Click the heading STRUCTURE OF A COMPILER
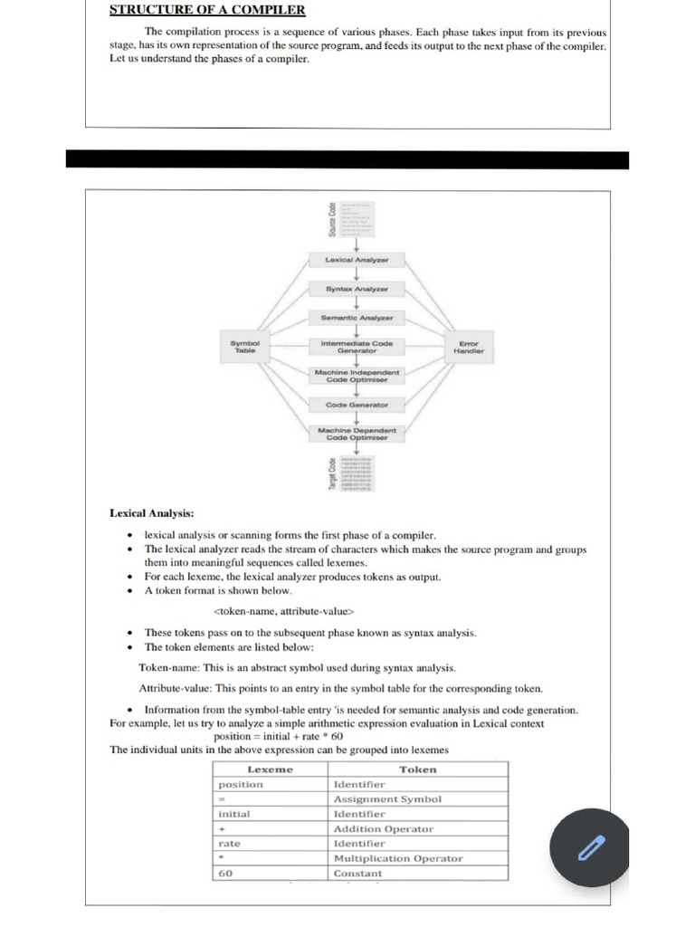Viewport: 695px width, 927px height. tap(207, 11)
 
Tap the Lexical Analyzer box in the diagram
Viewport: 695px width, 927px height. tap(356, 261)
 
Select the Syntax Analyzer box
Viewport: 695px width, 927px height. tap(356, 289)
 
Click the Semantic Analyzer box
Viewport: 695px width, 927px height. tap(357, 318)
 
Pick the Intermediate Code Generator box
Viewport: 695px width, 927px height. tap(357, 347)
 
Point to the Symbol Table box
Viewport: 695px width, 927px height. tap(245, 347)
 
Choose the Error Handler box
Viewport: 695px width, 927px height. tap(469, 347)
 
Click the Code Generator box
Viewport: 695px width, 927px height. tap(357, 405)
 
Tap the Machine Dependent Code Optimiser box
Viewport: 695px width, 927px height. tap(357, 434)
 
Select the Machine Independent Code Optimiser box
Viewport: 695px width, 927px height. tap(357, 376)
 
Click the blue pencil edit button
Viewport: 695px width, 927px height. tap(591, 847)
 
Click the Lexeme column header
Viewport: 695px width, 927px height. tap(270, 769)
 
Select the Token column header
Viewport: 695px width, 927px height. tap(417, 769)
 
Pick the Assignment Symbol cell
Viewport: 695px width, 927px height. tap(387, 799)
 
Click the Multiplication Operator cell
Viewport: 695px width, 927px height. tap(398, 858)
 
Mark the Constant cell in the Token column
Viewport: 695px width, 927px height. tap(357, 874)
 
